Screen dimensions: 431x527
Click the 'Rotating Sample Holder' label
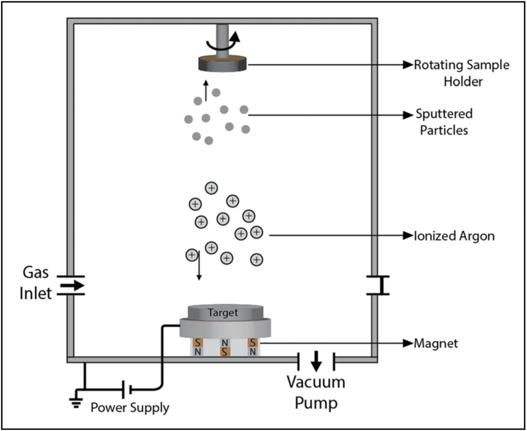tap(462, 73)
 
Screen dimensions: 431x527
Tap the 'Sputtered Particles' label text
tap(444, 122)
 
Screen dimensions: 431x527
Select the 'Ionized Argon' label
tap(454, 236)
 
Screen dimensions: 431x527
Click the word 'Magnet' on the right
tap(436, 343)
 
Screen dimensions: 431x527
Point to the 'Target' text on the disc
tap(223, 312)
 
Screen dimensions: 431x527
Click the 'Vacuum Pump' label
tap(316, 392)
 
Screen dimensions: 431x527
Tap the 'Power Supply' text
tap(130, 407)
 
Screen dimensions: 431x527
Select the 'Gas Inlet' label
tap(36, 283)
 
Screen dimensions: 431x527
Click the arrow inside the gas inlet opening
tap(73, 285)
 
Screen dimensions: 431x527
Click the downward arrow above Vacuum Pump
tap(316, 361)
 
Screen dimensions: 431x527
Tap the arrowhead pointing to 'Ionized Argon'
tap(408, 235)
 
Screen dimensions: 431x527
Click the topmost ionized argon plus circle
tap(211, 188)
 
